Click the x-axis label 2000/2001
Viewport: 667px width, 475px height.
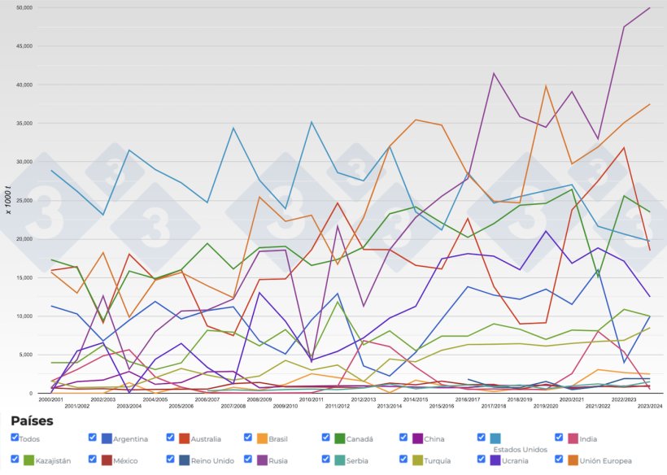(50, 399)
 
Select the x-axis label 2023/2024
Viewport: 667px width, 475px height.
(649, 405)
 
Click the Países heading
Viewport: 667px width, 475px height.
(32, 421)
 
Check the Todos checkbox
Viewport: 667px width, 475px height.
(15, 438)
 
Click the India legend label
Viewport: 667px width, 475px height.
(590, 439)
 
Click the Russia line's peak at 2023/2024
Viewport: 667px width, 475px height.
(649, 7)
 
